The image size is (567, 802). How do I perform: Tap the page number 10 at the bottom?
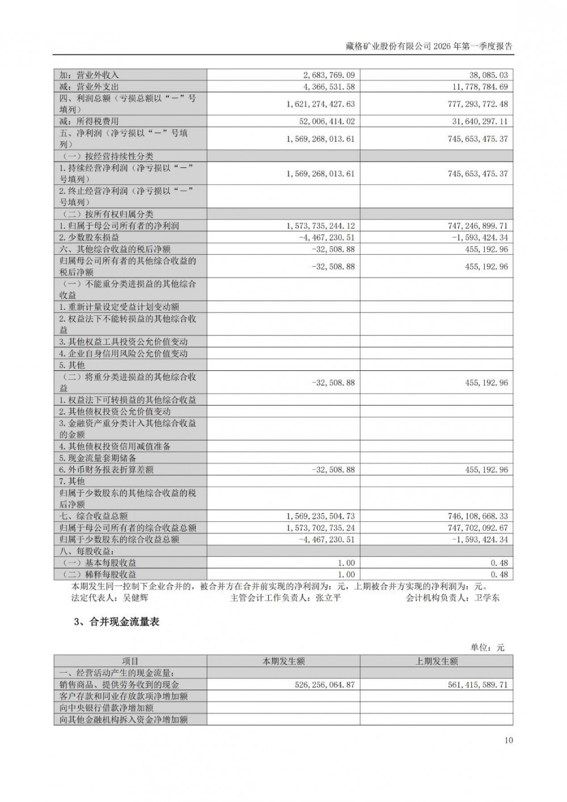coord(508,740)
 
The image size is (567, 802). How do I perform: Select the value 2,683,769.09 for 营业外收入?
coord(329,75)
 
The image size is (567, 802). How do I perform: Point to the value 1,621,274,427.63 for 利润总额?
coord(321,104)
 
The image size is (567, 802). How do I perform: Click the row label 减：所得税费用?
coord(90,121)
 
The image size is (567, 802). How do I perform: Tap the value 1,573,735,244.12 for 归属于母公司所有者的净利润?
coord(321,226)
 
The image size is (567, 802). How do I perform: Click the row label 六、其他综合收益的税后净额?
coord(115,249)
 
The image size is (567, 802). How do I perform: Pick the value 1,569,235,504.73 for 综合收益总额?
coord(321,516)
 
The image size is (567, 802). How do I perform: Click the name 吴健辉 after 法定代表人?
coord(136,598)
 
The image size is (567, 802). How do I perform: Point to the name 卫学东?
coord(486,598)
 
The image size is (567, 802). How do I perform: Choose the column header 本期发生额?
coord(283,661)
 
